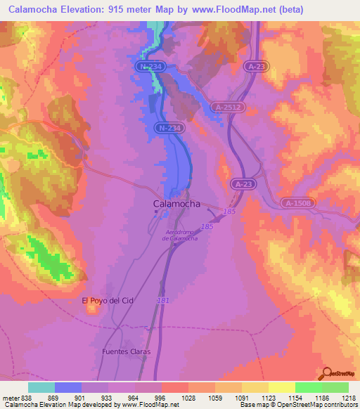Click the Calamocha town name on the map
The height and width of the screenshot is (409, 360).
[176, 204]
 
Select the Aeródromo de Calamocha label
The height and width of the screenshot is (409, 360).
[180, 235]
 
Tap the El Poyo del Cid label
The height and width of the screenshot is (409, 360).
[108, 301]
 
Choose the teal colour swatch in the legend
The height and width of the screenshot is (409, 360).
[41, 387]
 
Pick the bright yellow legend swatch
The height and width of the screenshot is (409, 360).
[281, 387]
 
